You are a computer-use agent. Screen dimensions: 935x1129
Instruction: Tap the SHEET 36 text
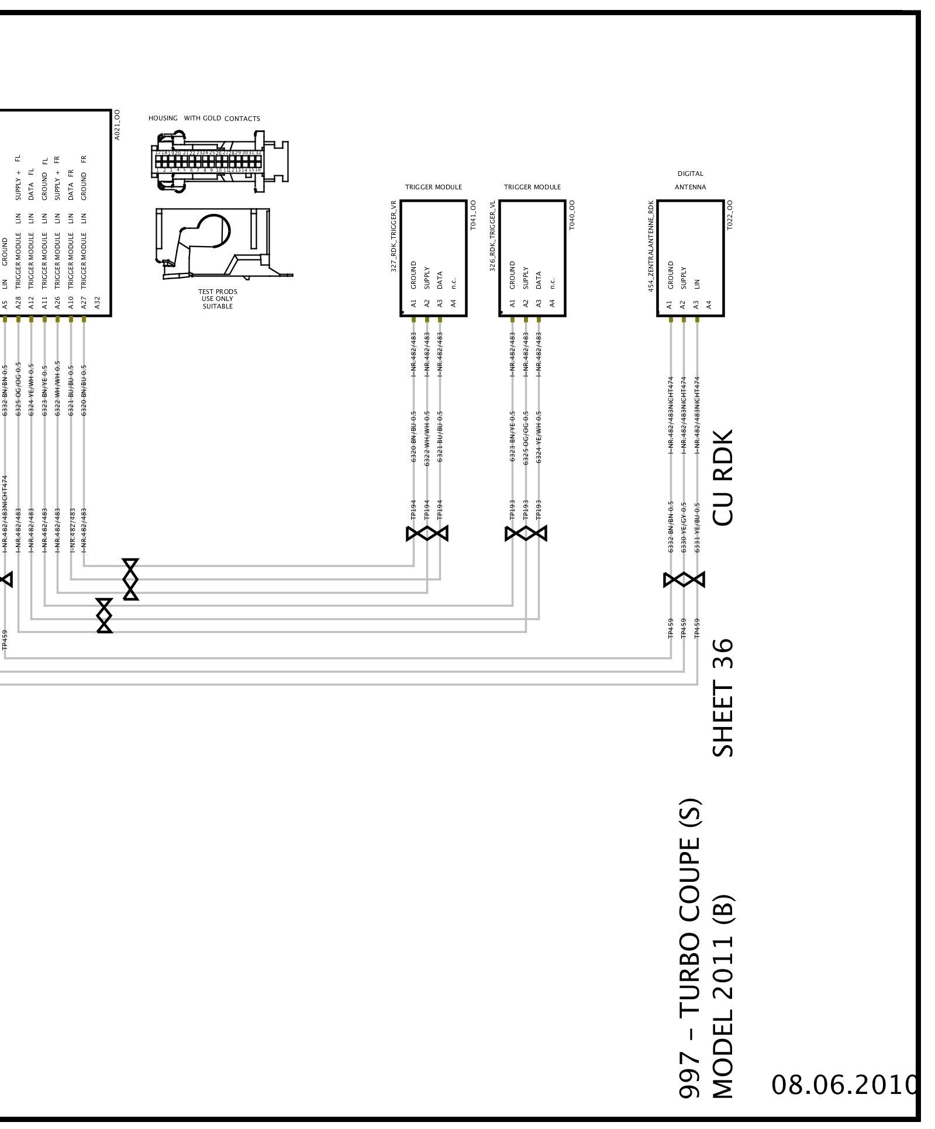tap(723, 698)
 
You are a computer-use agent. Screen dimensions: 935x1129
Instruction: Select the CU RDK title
tap(723, 478)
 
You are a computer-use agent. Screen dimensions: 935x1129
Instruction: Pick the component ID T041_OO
tap(474, 214)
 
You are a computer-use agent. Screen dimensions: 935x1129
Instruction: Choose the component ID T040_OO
tap(572, 214)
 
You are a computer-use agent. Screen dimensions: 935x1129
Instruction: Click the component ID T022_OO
tap(730, 214)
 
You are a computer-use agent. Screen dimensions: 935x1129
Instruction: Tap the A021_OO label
tap(117, 124)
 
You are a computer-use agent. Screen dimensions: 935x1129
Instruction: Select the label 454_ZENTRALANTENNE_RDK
tap(651, 246)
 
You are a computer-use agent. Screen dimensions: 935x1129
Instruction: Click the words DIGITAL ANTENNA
tap(690, 180)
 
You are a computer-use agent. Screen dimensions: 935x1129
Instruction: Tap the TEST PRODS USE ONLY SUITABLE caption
tap(218, 299)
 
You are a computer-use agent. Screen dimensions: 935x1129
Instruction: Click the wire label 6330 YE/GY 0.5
tap(684, 527)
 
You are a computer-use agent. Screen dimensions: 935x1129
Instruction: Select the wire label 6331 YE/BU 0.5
tap(697, 527)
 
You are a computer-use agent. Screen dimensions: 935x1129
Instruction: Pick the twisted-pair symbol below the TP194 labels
tap(427, 534)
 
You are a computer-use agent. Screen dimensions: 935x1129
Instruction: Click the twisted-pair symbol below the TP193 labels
tap(526, 534)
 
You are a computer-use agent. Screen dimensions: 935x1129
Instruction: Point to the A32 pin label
tap(98, 303)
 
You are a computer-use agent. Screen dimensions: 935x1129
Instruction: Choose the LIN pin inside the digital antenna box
tap(697, 284)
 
